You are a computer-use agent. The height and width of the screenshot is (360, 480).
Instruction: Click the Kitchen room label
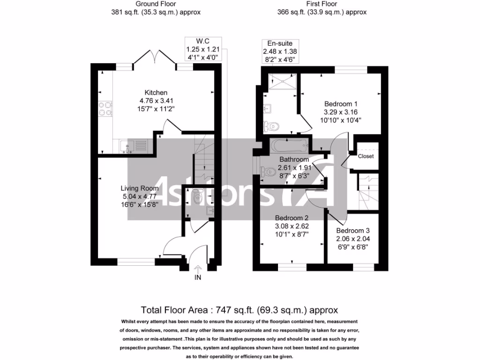pos(156,92)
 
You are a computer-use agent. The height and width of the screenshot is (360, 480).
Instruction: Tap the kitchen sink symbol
pos(133,147)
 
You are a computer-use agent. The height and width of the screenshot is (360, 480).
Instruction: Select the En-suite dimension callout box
pos(279,52)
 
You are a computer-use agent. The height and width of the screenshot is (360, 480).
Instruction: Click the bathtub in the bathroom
pos(289,146)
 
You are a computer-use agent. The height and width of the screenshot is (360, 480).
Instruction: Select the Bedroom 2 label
pos(292,218)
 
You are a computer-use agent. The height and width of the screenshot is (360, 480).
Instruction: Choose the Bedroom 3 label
pos(352,231)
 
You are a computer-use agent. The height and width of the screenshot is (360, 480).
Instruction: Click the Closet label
pos(366,156)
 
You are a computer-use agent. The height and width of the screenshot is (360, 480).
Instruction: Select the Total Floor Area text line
pos(240,310)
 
